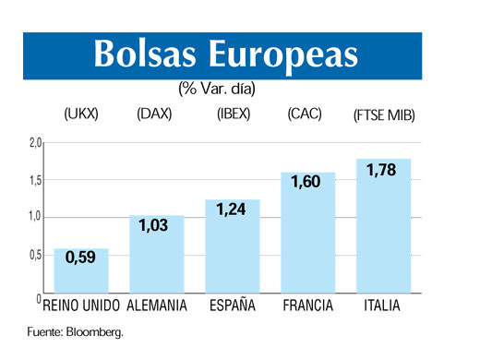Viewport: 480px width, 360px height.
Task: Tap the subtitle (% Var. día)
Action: point(217,90)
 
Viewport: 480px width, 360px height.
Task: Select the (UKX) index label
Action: point(81,116)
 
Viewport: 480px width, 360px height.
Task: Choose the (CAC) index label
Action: point(304,116)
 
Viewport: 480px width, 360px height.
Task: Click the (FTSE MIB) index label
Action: point(384,117)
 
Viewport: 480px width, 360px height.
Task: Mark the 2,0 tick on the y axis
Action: point(34,143)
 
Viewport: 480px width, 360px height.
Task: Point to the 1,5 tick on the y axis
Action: point(34,181)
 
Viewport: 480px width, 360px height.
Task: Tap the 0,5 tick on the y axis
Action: point(34,256)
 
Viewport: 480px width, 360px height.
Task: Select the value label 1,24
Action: point(232,211)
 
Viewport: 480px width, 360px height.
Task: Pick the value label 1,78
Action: point(382,171)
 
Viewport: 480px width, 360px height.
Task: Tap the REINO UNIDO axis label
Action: point(81,306)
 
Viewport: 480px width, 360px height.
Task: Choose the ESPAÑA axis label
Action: point(233,306)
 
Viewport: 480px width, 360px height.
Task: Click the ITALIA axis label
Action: point(382,306)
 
